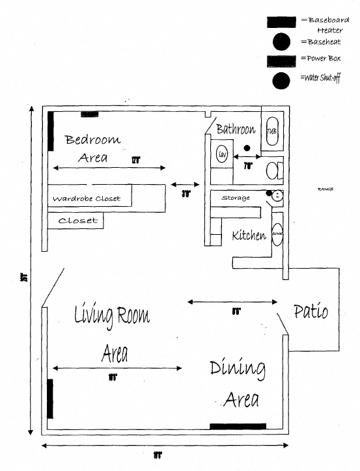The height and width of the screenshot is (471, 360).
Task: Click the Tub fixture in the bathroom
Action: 271,131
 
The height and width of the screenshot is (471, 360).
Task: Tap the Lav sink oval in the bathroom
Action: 222,154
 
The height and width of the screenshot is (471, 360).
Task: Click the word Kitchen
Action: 249,235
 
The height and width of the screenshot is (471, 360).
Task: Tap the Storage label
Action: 235,198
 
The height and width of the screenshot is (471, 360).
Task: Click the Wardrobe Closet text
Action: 87,198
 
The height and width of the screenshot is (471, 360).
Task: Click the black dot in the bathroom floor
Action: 247,148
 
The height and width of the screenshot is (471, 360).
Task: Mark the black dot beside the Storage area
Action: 268,193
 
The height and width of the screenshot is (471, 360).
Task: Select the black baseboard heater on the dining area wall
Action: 238,427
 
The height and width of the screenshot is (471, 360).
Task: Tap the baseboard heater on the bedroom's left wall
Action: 51,131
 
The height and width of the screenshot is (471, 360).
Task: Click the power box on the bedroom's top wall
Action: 89,114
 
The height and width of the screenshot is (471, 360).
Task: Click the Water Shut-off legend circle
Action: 281,81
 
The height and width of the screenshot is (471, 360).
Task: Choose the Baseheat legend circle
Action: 281,42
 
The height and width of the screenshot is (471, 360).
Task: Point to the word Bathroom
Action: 236,129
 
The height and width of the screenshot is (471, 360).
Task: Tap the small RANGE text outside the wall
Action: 325,189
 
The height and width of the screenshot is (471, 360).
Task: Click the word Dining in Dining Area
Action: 238,370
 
